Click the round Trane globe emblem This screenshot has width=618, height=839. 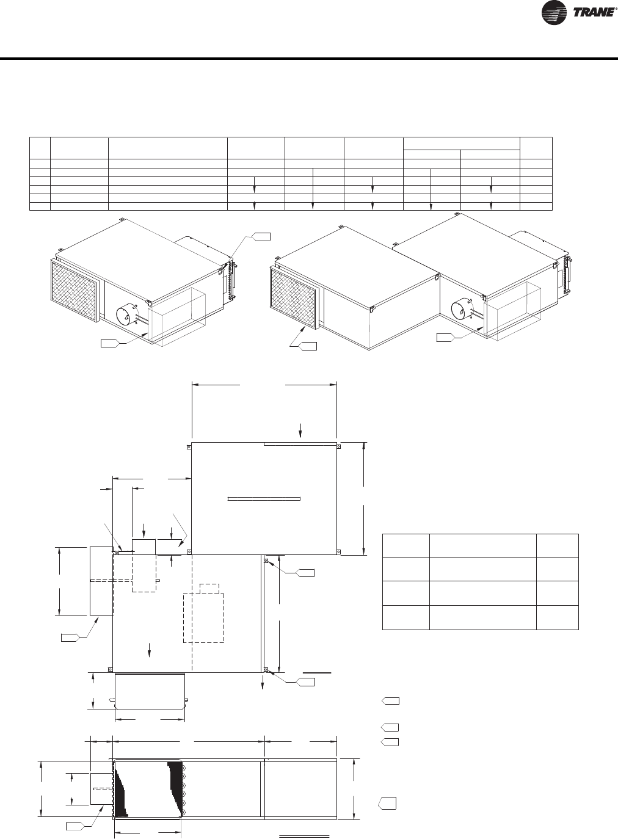tap(554, 13)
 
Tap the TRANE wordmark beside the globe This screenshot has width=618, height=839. tap(593, 13)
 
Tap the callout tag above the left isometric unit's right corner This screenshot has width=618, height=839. tap(261, 236)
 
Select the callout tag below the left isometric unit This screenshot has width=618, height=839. tap(110, 343)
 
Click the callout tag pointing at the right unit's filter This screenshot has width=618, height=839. tap(308, 346)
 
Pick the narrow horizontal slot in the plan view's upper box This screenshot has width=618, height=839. tap(264, 498)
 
